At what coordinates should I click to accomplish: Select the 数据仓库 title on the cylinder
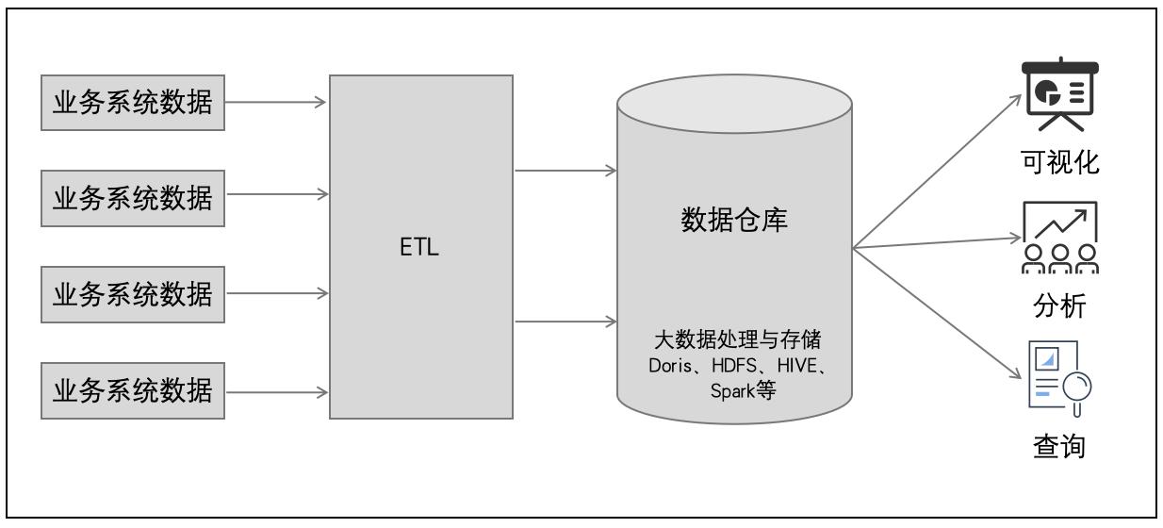point(734,223)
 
